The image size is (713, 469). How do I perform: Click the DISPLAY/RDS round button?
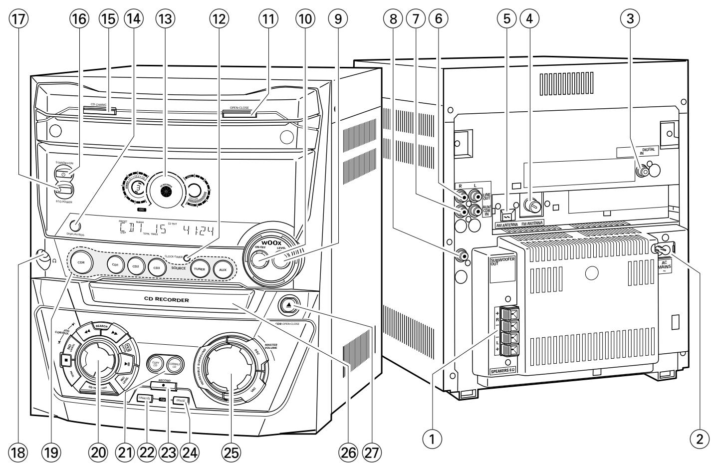tap(76, 226)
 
